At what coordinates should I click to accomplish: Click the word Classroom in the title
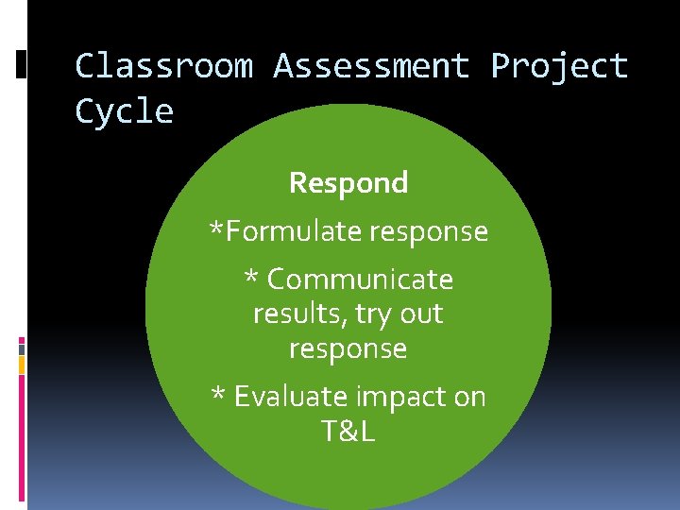(163, 66)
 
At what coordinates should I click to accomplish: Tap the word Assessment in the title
(371, 66)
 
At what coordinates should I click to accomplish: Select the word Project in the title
(559, 66)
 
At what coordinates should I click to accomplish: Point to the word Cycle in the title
(124, 112)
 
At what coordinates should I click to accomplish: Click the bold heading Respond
(348, 182)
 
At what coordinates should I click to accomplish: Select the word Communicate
(360, 280)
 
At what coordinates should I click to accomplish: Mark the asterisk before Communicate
(251, 279)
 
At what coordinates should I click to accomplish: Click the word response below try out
(348, 349)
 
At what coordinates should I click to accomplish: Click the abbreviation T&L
(348, 431)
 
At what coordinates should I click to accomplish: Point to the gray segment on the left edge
(21, 348)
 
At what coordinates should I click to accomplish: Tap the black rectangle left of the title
(21, 63)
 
